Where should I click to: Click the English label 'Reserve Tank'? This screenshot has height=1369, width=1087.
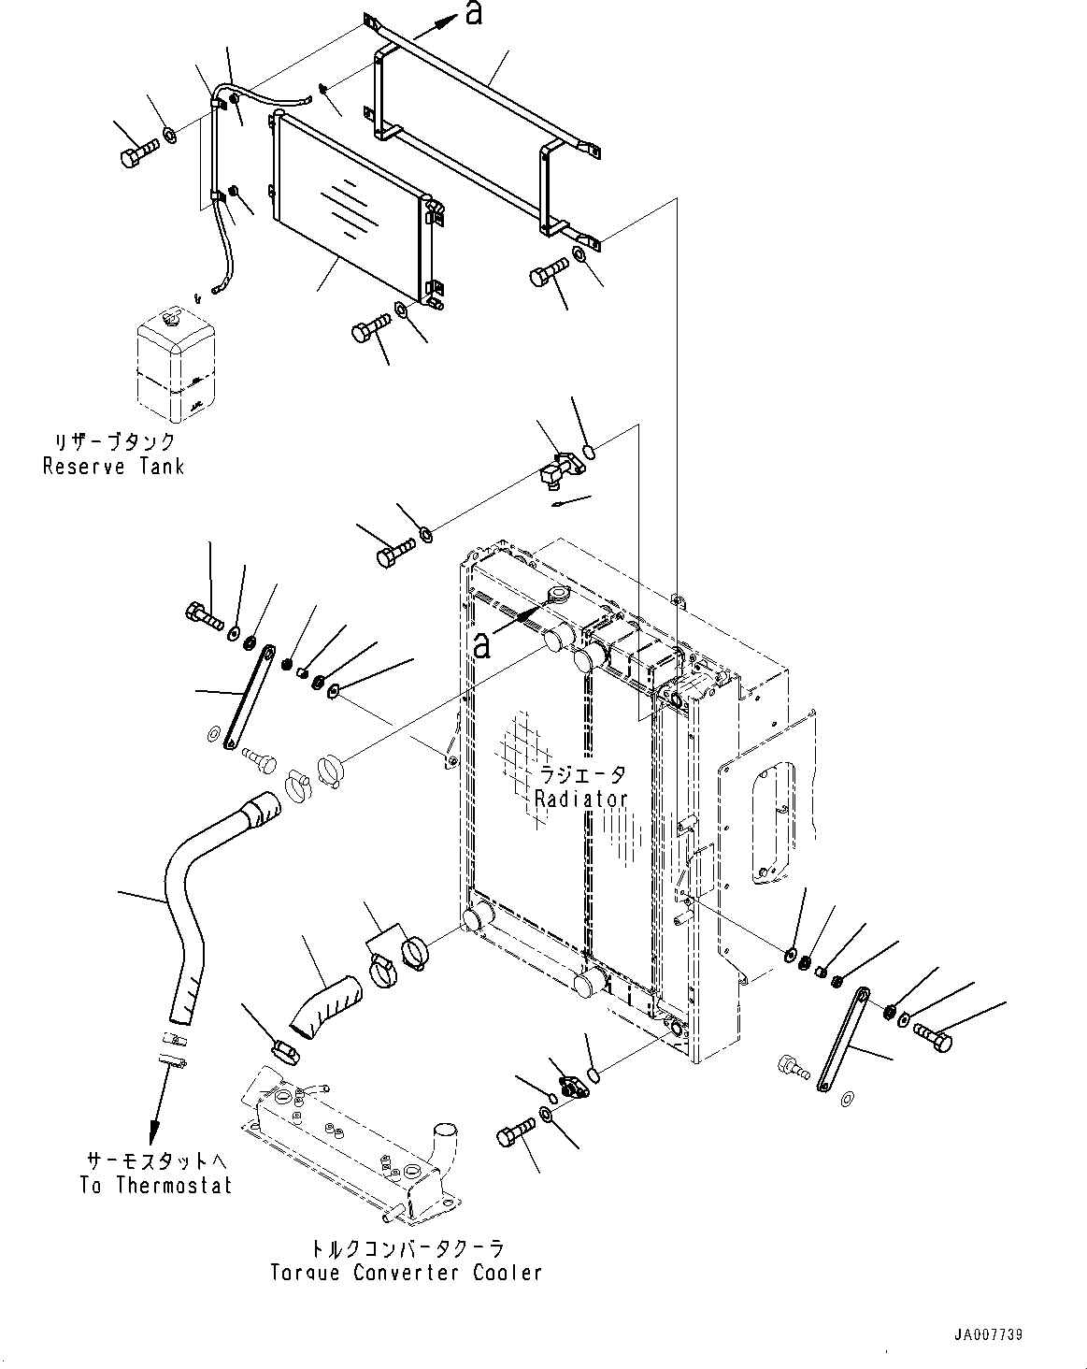click(113, 466)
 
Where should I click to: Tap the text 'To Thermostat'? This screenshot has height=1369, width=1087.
click(155, 1185)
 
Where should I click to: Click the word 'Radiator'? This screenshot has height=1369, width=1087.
click(580, 799)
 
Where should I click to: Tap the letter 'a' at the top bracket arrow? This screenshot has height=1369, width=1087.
click(474, 14)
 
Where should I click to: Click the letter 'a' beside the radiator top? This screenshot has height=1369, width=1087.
click(480, 644)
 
